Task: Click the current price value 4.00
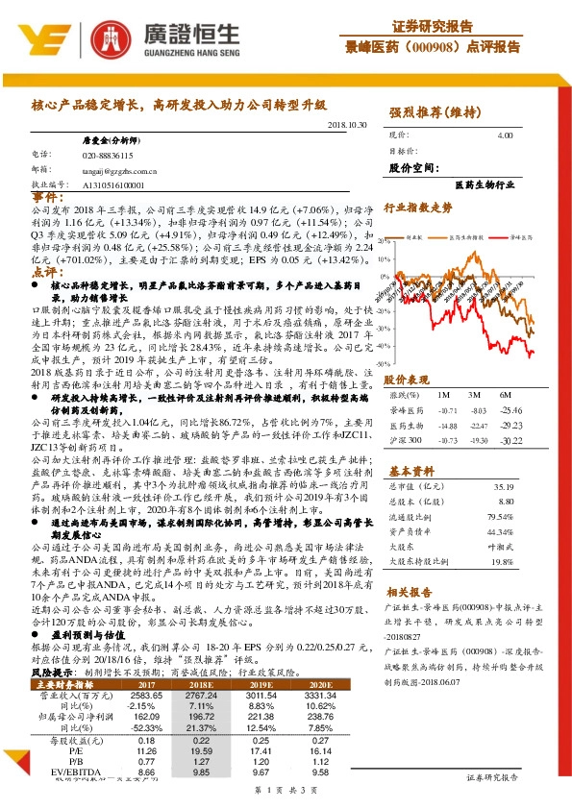pos(505,136)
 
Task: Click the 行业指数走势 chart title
pos(418,206)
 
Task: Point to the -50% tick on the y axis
pos(386,364)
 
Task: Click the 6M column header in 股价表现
pos(504,396)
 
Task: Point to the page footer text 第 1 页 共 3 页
pos(286,788)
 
